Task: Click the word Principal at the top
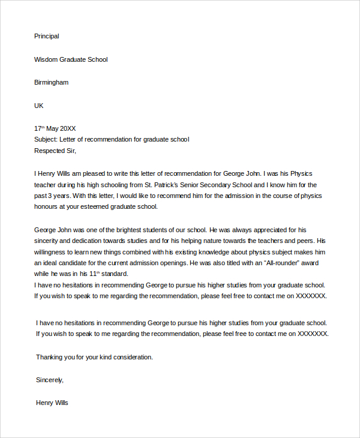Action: (47, 36)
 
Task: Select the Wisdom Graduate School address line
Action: (71, 59)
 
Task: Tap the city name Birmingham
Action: (51, 82)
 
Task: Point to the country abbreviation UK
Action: (39, 106)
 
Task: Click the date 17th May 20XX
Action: (55, 128)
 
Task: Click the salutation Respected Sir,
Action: (56, 151)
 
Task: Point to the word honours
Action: (47, 206)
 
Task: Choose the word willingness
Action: (52, 251)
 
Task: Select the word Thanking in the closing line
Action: (50, 357)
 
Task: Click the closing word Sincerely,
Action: (49, 380)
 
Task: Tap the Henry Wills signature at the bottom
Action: (52, 403)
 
